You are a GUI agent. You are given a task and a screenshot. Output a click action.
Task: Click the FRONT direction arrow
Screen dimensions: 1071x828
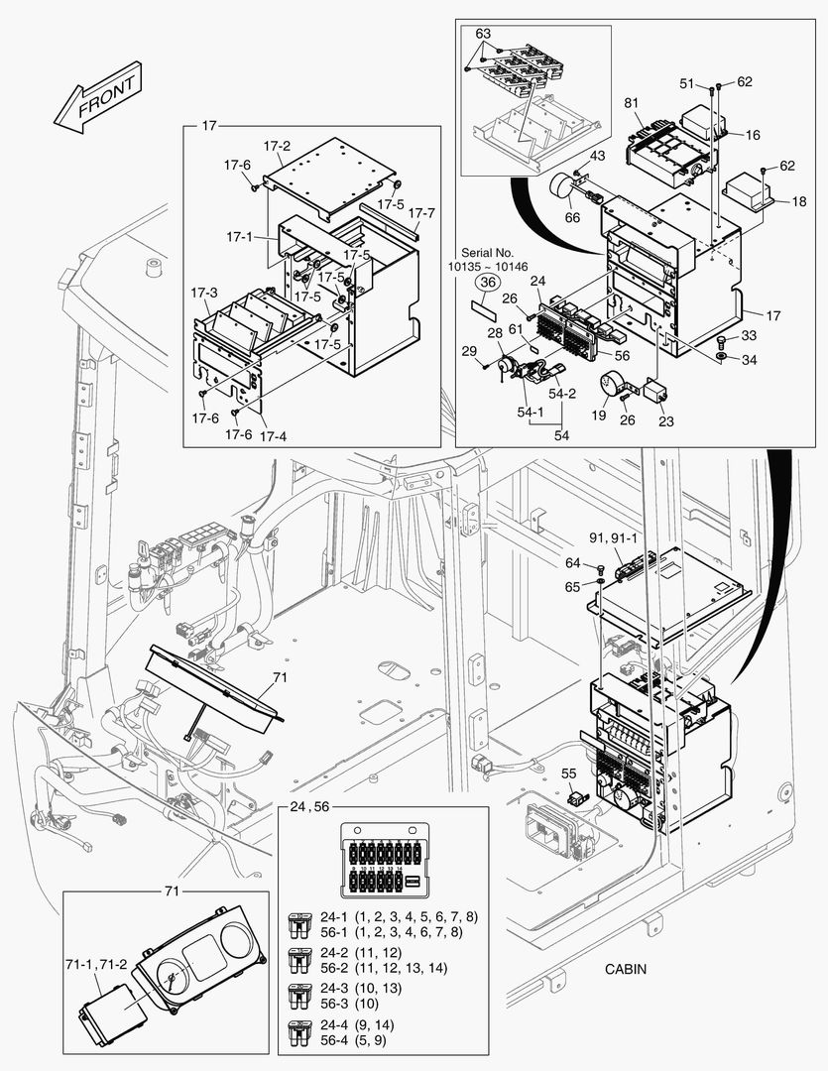(96, 99)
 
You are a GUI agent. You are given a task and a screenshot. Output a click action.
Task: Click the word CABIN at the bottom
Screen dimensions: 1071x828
(626, 969)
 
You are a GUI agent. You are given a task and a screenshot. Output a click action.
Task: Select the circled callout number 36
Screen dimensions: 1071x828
(486, 283)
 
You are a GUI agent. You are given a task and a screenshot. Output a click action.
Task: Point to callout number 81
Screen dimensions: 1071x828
(632, 103)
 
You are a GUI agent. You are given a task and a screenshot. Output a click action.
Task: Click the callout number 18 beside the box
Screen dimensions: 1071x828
(799, 201)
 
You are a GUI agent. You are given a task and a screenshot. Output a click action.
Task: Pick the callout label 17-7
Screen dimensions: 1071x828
(421, 212)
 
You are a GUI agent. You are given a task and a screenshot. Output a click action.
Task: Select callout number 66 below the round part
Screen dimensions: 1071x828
(573, 218)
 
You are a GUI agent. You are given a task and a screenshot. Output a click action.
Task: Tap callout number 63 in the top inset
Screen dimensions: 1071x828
(483, 33)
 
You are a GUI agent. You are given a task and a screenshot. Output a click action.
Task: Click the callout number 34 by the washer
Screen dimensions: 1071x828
(749, 360)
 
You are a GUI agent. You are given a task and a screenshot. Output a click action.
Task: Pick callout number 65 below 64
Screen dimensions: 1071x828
(572, 587)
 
